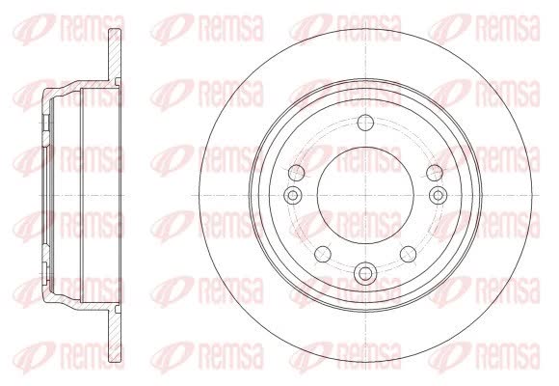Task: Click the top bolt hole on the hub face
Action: coord(365,123)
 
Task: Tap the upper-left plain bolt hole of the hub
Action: coord(296,173)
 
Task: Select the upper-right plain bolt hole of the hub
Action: coord(435,173)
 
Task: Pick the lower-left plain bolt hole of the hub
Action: coord(323,254)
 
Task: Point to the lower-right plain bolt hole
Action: coord(409,254)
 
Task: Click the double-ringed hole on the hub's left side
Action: coord(293,195)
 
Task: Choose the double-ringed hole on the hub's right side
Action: coord(439,195)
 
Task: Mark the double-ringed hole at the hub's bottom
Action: coord(365,274)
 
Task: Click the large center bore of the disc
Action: coord(365,195)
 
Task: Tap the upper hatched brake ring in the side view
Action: coord(115,54)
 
